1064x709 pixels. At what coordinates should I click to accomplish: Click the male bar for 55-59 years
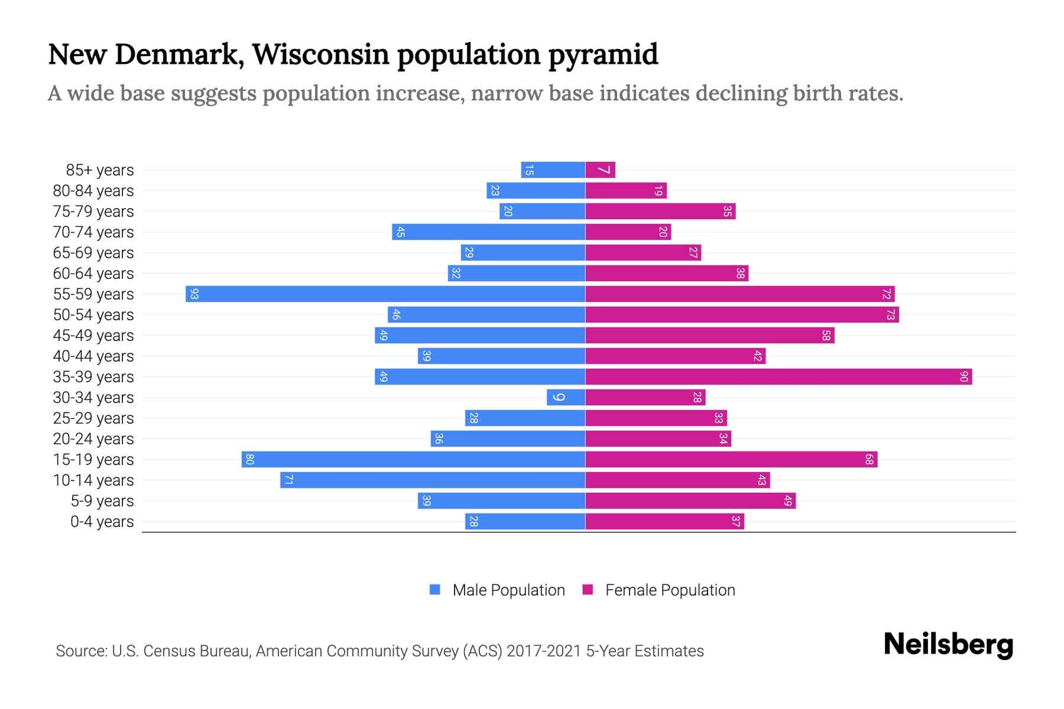(x=385, y=294)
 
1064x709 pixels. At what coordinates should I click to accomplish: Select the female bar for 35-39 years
(x=778, y=376)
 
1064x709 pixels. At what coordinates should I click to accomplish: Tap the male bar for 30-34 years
(x=566, y=397)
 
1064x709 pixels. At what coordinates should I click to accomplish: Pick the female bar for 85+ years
(x=600, y=170)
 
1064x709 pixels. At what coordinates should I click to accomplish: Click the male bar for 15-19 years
(x=413, y=459)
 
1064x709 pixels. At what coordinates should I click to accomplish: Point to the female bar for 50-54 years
(x=742, y=314)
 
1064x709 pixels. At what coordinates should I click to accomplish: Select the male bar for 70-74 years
(x=488, y=232)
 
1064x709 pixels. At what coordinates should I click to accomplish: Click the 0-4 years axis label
(x=102, y=522)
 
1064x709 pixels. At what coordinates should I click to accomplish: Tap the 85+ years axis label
(x=99, y=170)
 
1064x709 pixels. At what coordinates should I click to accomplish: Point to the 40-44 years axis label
(x=93, y=356)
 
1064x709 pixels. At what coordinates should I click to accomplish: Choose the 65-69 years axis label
(x=93, y=253)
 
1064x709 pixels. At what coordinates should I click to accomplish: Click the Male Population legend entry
(x=508, y=590)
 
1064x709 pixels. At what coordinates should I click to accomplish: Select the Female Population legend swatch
(x=588, y=589)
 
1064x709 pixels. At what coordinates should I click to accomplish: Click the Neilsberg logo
(x=948, y=645)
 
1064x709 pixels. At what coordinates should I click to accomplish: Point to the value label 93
(x=194, y=294)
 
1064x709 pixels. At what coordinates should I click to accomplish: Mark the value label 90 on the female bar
(x=964, y=376)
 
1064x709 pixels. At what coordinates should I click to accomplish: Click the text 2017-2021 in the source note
(x=544, y=651)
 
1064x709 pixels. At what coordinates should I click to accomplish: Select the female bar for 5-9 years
(x=690, y=500)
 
